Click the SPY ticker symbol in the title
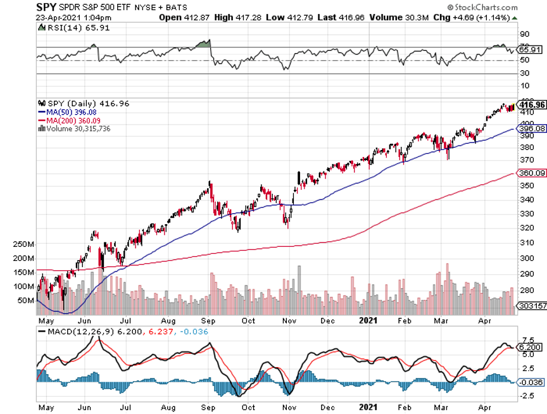pos(46,6)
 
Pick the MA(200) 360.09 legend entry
pos(69,120)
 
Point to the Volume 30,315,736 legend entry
pos(77,129)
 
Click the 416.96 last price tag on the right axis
pos(532,104)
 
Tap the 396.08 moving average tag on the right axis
pos(532,129)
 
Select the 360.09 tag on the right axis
pos(532,173)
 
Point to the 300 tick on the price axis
pos(526,258)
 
